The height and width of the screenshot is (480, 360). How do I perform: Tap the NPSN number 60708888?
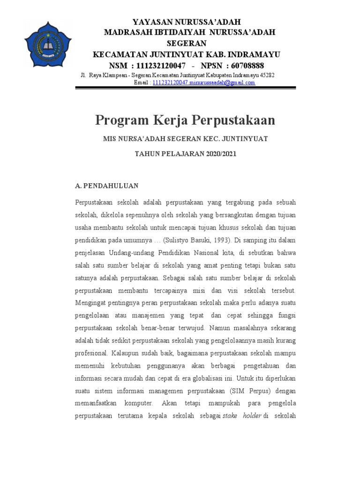[x=244, y=65]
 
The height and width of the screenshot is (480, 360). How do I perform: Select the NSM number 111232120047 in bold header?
[x=158, y=65]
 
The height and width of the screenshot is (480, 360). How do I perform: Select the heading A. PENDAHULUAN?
[x=107, y=186]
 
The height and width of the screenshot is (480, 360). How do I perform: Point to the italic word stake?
[x=230, y=415]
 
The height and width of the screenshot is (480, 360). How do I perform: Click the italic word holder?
[x=252, y=415]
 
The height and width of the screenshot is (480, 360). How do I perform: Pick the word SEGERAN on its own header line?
[x=187, y=43]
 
